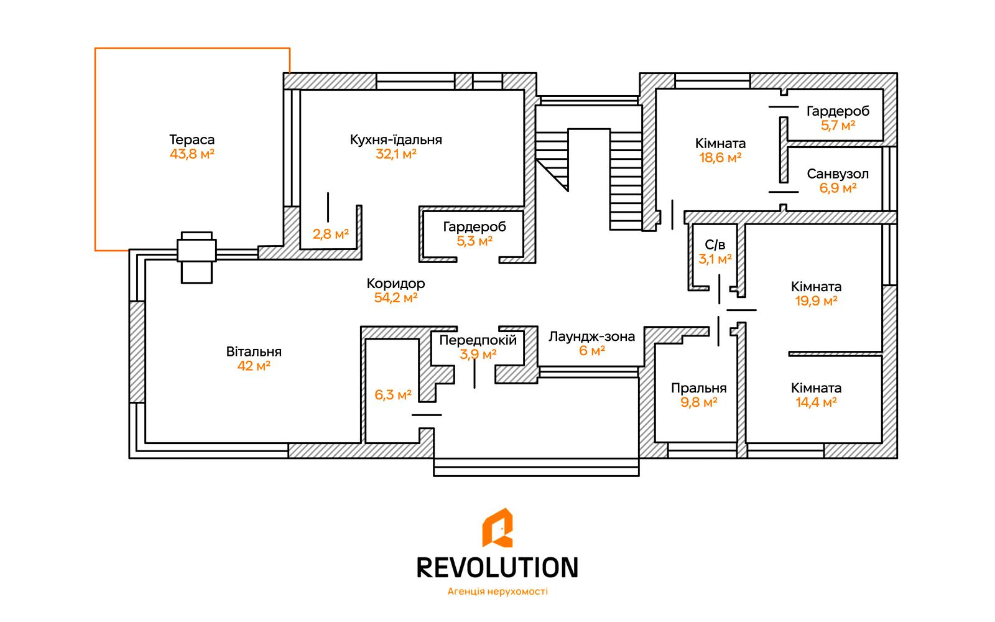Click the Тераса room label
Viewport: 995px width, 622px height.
tap(192, 140)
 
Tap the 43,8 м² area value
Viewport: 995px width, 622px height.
tap(192, 154)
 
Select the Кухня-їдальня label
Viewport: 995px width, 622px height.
tap(396, 140)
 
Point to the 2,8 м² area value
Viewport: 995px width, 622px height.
tap(330, 234)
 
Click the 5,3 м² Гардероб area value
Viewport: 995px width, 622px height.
tap(474, 241)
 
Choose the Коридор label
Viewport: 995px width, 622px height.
tap(396, 284)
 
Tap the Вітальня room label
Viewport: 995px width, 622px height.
tap(254, 351)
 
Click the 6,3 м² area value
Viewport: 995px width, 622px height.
tap(393, 395)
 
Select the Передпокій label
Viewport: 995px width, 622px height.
tap(478, 340)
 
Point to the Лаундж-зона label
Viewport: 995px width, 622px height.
tap(591, 337)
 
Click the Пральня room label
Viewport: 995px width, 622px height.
tap(698, 388)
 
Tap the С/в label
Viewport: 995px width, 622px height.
tap(715, 244)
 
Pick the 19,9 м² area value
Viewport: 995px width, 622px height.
tap(816, 302)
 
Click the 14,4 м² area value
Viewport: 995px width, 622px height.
tap(816, 402)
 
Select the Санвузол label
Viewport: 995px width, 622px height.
tap(838, 174)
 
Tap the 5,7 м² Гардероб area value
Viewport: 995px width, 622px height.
tap(838, 126)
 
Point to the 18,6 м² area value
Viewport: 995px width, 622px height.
tap(720, 158)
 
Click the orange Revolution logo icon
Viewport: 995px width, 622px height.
tap(497, 529)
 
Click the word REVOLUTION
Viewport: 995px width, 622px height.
tap(497, 567)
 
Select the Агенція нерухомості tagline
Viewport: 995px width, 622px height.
tap(497, 592)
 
